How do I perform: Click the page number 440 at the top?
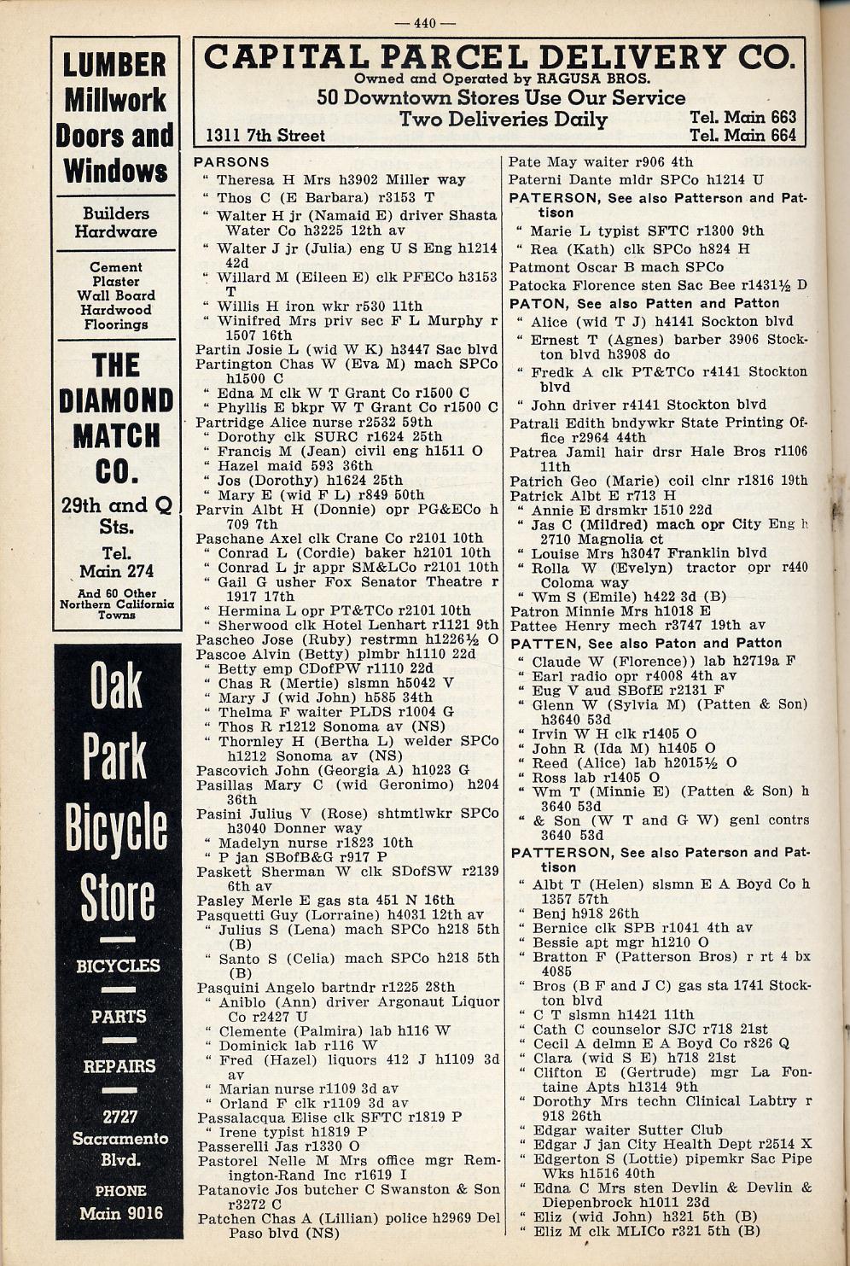424,23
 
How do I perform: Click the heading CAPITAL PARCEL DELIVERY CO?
498,57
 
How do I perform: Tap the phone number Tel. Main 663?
742,117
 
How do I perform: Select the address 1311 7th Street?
265,136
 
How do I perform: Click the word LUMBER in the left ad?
115,65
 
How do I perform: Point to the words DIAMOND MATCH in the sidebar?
116,418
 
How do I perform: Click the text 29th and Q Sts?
116,514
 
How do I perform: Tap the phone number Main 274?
115,571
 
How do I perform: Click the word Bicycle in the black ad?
116,826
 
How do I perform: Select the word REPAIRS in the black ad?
119,1066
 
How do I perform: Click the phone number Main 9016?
120,1213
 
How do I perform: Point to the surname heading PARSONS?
231,162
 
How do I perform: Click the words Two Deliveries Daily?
503,120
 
